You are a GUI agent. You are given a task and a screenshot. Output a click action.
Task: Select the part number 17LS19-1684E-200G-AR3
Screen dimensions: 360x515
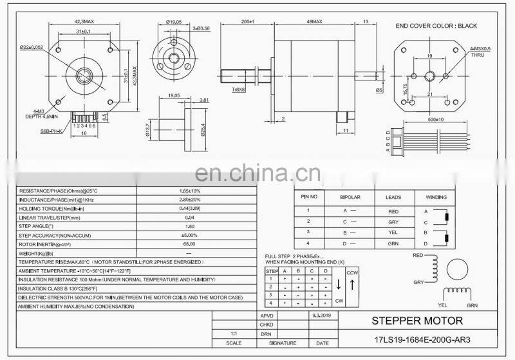pos(417,339)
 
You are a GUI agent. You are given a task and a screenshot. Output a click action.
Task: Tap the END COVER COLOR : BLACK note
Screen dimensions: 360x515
pos(435,26)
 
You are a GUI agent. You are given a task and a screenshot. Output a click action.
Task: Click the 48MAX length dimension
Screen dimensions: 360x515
pos(314,21)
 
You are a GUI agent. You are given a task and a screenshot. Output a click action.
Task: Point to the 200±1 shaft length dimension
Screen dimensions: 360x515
pos(247,21)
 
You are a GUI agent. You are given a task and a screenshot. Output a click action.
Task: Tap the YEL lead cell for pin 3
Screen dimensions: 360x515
pos(393,232)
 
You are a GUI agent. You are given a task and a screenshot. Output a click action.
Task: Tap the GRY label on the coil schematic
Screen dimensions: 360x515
pos(418,282)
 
